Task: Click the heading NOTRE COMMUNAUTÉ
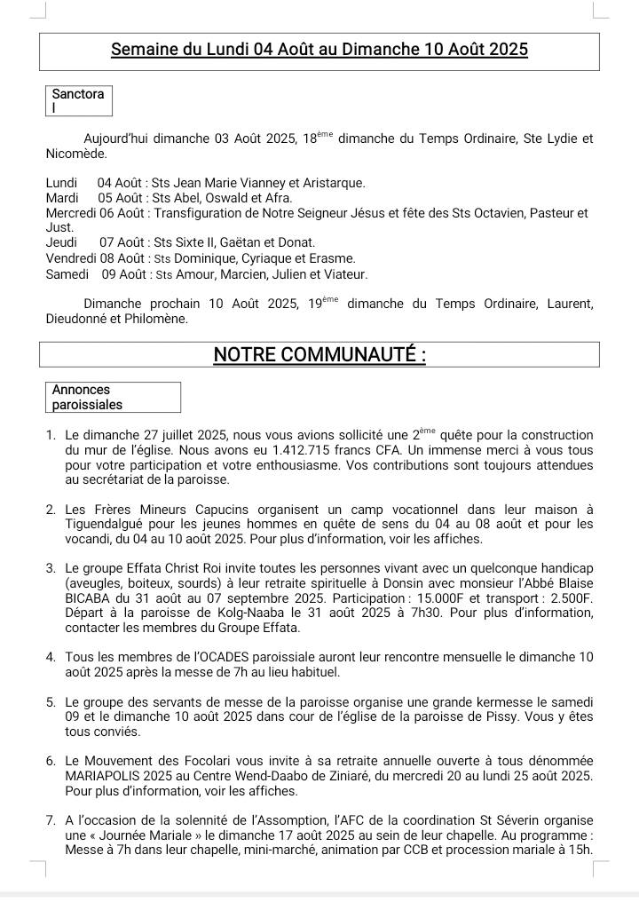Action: coord(319,355)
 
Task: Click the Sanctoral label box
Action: coord(78,100)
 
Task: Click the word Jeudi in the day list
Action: coord(61,242)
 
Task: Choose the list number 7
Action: coord(51,820)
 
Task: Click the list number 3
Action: coord(51,568)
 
